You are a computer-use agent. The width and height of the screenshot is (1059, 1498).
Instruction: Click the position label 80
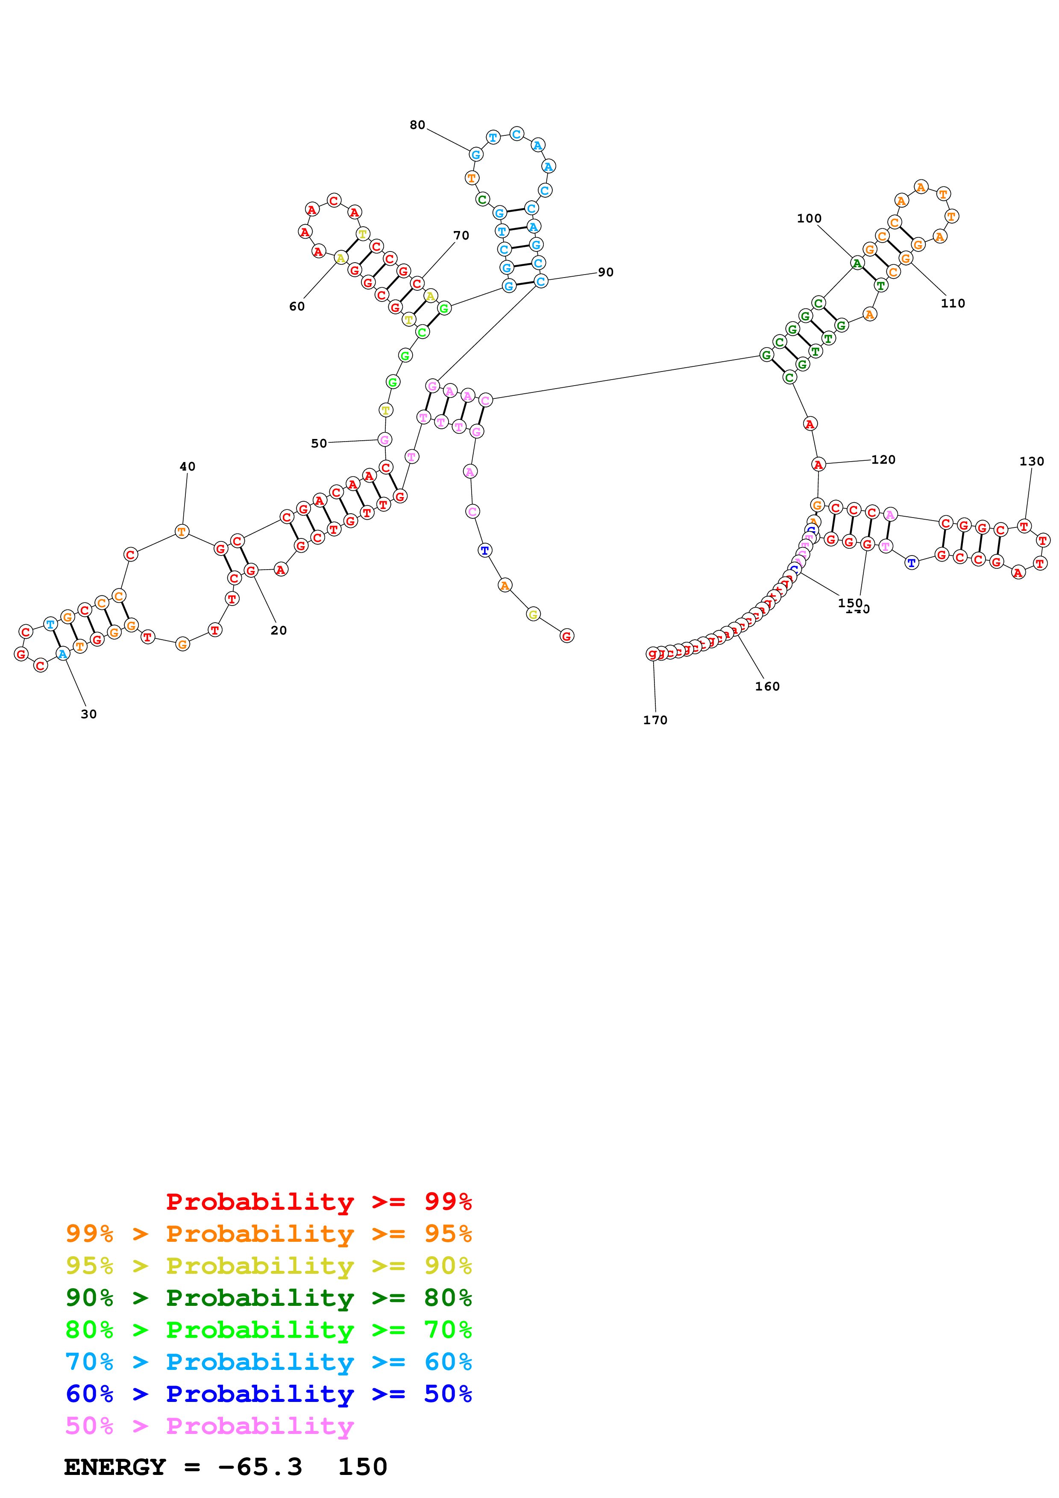tap(417, 125)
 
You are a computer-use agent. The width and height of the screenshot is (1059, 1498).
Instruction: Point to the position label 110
tap(953, 303)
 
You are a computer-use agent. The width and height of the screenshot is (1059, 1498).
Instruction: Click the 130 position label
tap(1032, 461)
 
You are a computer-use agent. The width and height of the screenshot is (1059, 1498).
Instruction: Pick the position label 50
tap(318, 444)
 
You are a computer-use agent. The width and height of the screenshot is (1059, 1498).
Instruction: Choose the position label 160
tap(767, 686)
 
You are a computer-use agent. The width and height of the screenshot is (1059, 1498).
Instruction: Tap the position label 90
tap(605, 272)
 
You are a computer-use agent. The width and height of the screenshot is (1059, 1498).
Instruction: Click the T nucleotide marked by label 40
tap(182, 531)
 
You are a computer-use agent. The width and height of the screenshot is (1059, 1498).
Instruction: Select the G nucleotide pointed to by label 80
tap(475, 155)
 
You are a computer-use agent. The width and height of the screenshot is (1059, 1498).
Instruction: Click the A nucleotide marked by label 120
tap(818, 465)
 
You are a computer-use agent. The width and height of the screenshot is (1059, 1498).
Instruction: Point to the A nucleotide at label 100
tap(857, 263)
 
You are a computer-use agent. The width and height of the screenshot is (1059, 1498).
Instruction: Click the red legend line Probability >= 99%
tap(318, 1201)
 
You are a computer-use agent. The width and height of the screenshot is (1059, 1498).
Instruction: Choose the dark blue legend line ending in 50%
tap(268, 1394)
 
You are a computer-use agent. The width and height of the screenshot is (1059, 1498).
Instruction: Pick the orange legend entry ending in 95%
tap(268, 1234)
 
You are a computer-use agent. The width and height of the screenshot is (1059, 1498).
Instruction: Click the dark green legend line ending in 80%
tap(268, 1298)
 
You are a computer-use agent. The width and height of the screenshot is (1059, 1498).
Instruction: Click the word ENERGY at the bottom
tap(115, 1467)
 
